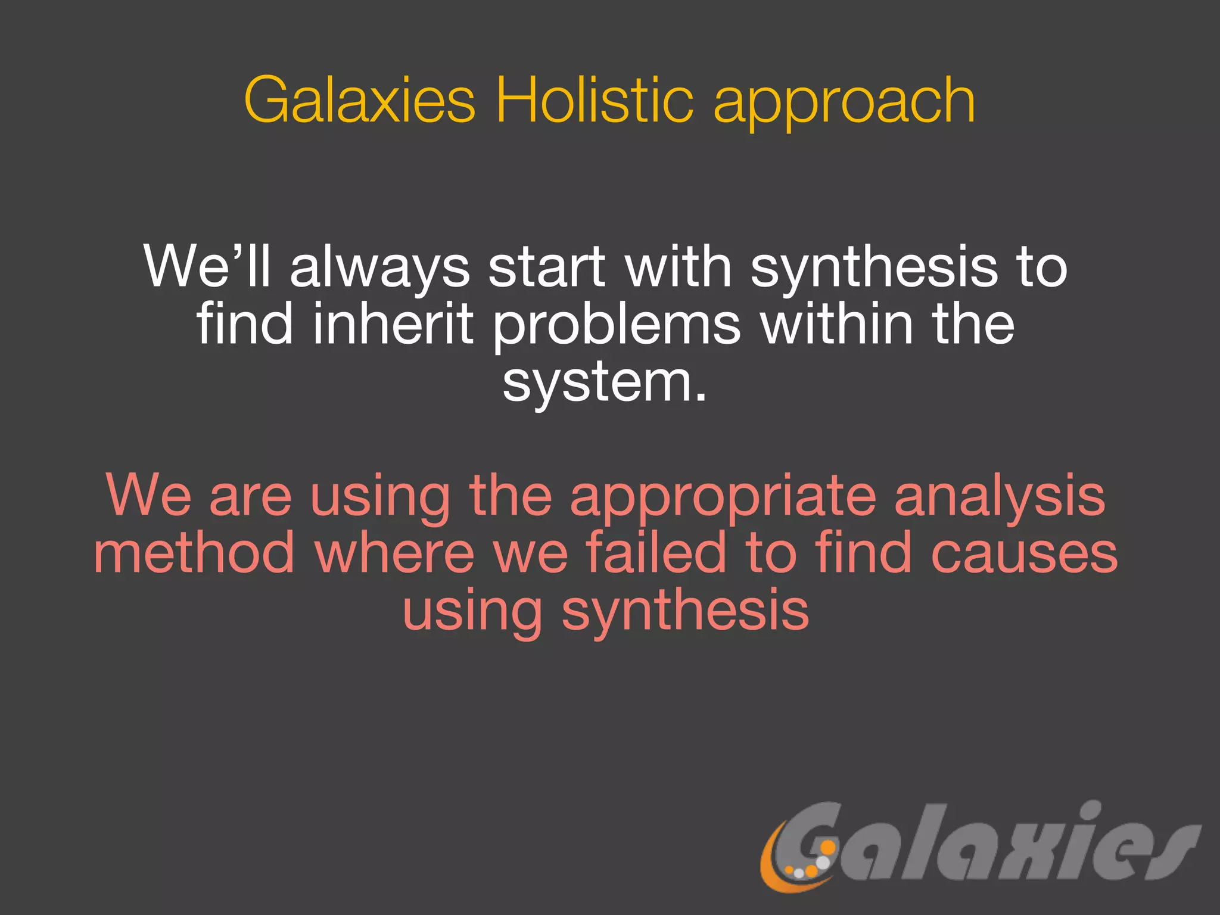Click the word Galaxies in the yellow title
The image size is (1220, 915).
click(360, 100)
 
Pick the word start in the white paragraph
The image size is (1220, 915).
click(546, 267)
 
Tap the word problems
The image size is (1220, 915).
click(617, 326)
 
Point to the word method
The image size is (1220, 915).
click(194, 553)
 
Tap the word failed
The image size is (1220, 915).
click(656, 553)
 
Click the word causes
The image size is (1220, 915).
click(1024, 554)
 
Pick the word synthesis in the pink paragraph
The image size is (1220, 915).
click(685, 612)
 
